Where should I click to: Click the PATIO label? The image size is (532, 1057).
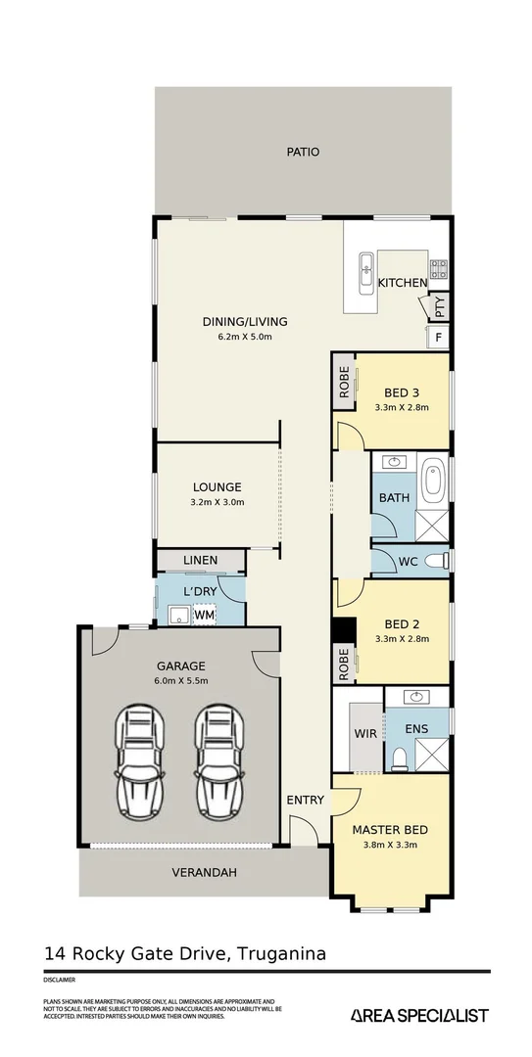(x=303, y=152)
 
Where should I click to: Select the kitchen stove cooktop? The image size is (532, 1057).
(x=439, y=265)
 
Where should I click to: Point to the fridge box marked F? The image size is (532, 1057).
(x=438, y=338)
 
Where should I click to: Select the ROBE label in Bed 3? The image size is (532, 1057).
(x=344, y=382)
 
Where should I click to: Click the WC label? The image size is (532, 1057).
(x=409, y=561)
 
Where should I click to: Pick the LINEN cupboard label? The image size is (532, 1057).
(x=201, y=560)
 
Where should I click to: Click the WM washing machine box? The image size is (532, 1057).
(x=204, y=615)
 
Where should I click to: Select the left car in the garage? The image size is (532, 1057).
(x=137, y=759)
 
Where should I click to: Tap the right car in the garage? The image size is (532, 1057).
(x=218, y=759)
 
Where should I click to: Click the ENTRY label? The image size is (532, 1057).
(x=305, y=800)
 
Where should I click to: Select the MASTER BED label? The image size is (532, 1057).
(x=390, y=829)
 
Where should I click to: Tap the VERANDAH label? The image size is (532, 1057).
(x=205, y=872)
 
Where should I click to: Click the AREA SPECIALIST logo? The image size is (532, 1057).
(x=419, y=1016)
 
